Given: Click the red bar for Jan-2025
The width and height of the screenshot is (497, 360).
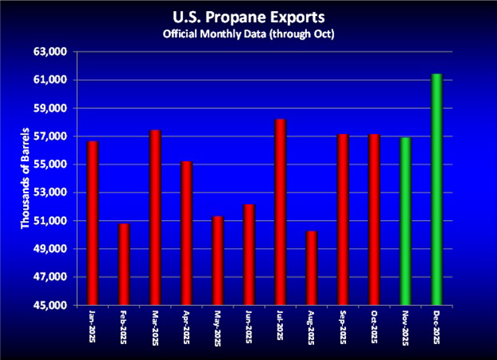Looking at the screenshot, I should coord(93,223).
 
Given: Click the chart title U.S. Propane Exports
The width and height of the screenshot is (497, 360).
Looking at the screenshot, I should coord(249,17).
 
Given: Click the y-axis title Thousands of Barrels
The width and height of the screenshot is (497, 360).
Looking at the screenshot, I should coord(25,177).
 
